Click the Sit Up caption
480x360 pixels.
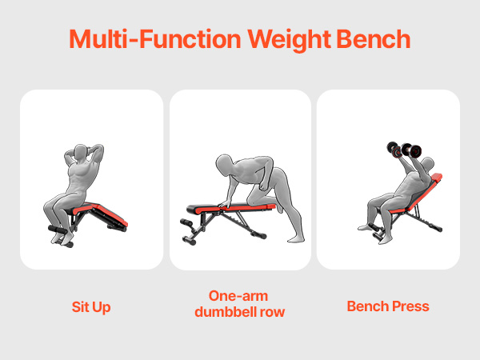pos(90,306)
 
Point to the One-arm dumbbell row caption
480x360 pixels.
pos(240,302)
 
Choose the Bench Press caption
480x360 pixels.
pos(388,306)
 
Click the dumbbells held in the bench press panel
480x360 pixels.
pos(403,150)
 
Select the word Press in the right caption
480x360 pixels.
pos(409,306)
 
